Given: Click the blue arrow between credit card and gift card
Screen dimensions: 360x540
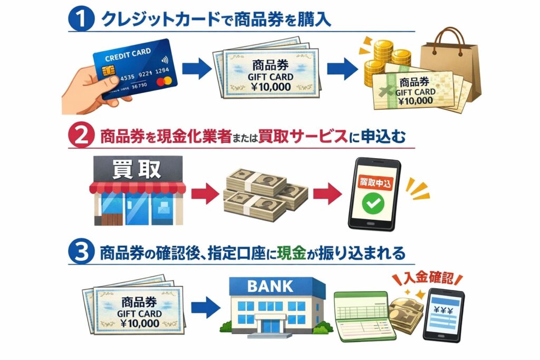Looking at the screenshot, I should pyautogui.click(x=196, y=69).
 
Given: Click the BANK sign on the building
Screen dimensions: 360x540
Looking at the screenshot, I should pyautogui.click(x=270, y=286).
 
